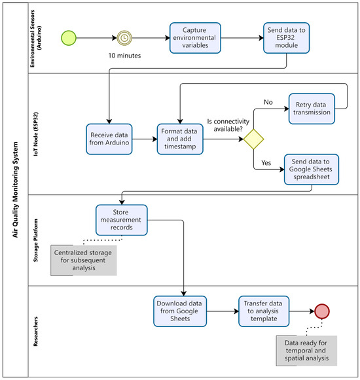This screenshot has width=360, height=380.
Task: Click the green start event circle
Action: [x=69, y=38]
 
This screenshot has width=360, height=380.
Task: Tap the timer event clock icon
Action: [x=124, y=38]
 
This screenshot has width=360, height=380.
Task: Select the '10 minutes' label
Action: [x=124, y=56]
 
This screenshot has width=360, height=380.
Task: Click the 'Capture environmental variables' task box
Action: [x=195, y=38]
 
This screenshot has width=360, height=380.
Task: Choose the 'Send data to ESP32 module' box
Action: [x=287, y=38]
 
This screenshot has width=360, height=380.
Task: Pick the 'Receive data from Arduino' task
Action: [x=109, y=139]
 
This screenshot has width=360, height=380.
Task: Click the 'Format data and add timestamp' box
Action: [x=180, y=139]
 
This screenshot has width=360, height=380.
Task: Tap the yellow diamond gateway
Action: [x=253, y=139]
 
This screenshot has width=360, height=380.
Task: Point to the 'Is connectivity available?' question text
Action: [x=228, y=125]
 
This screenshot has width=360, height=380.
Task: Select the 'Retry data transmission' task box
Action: [x=312, y=109]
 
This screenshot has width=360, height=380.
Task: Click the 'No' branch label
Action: [x=268, y=102]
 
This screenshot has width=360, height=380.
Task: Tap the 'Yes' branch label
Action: [x=266, y=163]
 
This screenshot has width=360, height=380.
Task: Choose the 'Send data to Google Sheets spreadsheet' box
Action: [x=312, y=169]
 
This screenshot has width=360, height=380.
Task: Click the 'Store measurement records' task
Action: [x=122, y=220]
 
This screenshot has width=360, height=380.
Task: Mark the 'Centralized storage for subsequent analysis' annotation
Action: [x=83, y=260]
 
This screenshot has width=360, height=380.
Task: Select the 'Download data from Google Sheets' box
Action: [x=180, y=311]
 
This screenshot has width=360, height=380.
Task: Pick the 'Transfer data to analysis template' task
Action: [x=264, y=311]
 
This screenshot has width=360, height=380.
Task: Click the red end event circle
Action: [x=322, y=311]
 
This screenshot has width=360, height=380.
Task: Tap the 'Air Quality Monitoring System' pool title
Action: [x=15, y=190]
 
